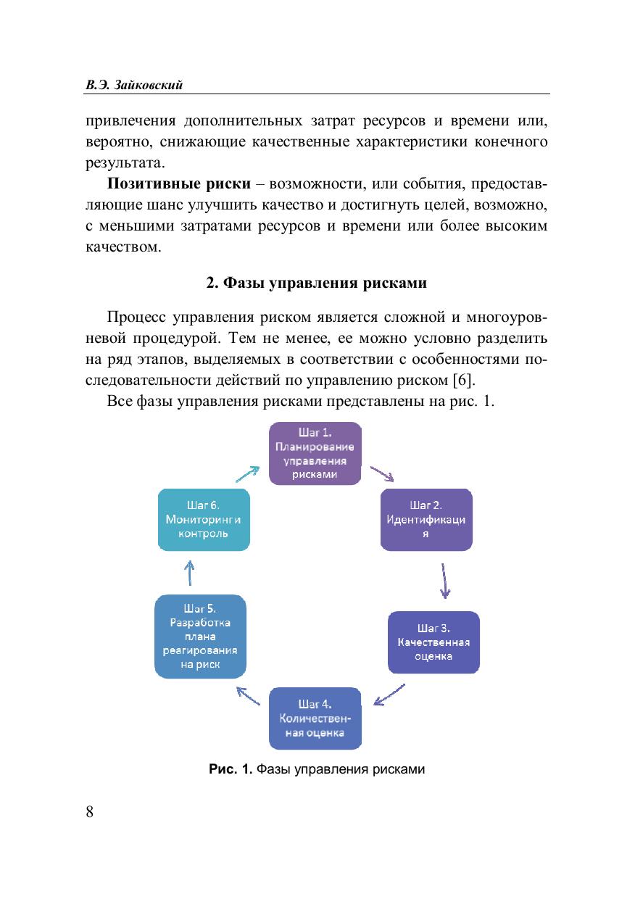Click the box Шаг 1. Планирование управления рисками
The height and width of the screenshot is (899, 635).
[x=315, y=453]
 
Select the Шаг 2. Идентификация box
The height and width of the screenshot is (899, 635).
[x=426, y=519]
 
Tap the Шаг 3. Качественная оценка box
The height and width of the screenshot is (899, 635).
[x=434, y=642]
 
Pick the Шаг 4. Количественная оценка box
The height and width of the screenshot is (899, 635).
[x=315, y=718]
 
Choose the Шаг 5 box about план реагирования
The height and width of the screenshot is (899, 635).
[x=200, y=636]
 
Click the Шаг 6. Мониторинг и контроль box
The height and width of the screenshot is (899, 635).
[x=204, y=518]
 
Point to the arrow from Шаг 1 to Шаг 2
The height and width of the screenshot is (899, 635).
[x=382, y=474]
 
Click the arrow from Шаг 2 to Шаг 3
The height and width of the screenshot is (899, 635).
[x=444, y=580]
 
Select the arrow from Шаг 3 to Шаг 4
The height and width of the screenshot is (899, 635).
[x=389, y=694]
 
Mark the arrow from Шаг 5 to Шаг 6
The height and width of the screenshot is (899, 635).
[x=190, y=573]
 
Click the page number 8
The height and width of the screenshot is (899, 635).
[x=90, y=811]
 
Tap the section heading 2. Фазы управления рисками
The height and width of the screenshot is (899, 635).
[x=317, y=283]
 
